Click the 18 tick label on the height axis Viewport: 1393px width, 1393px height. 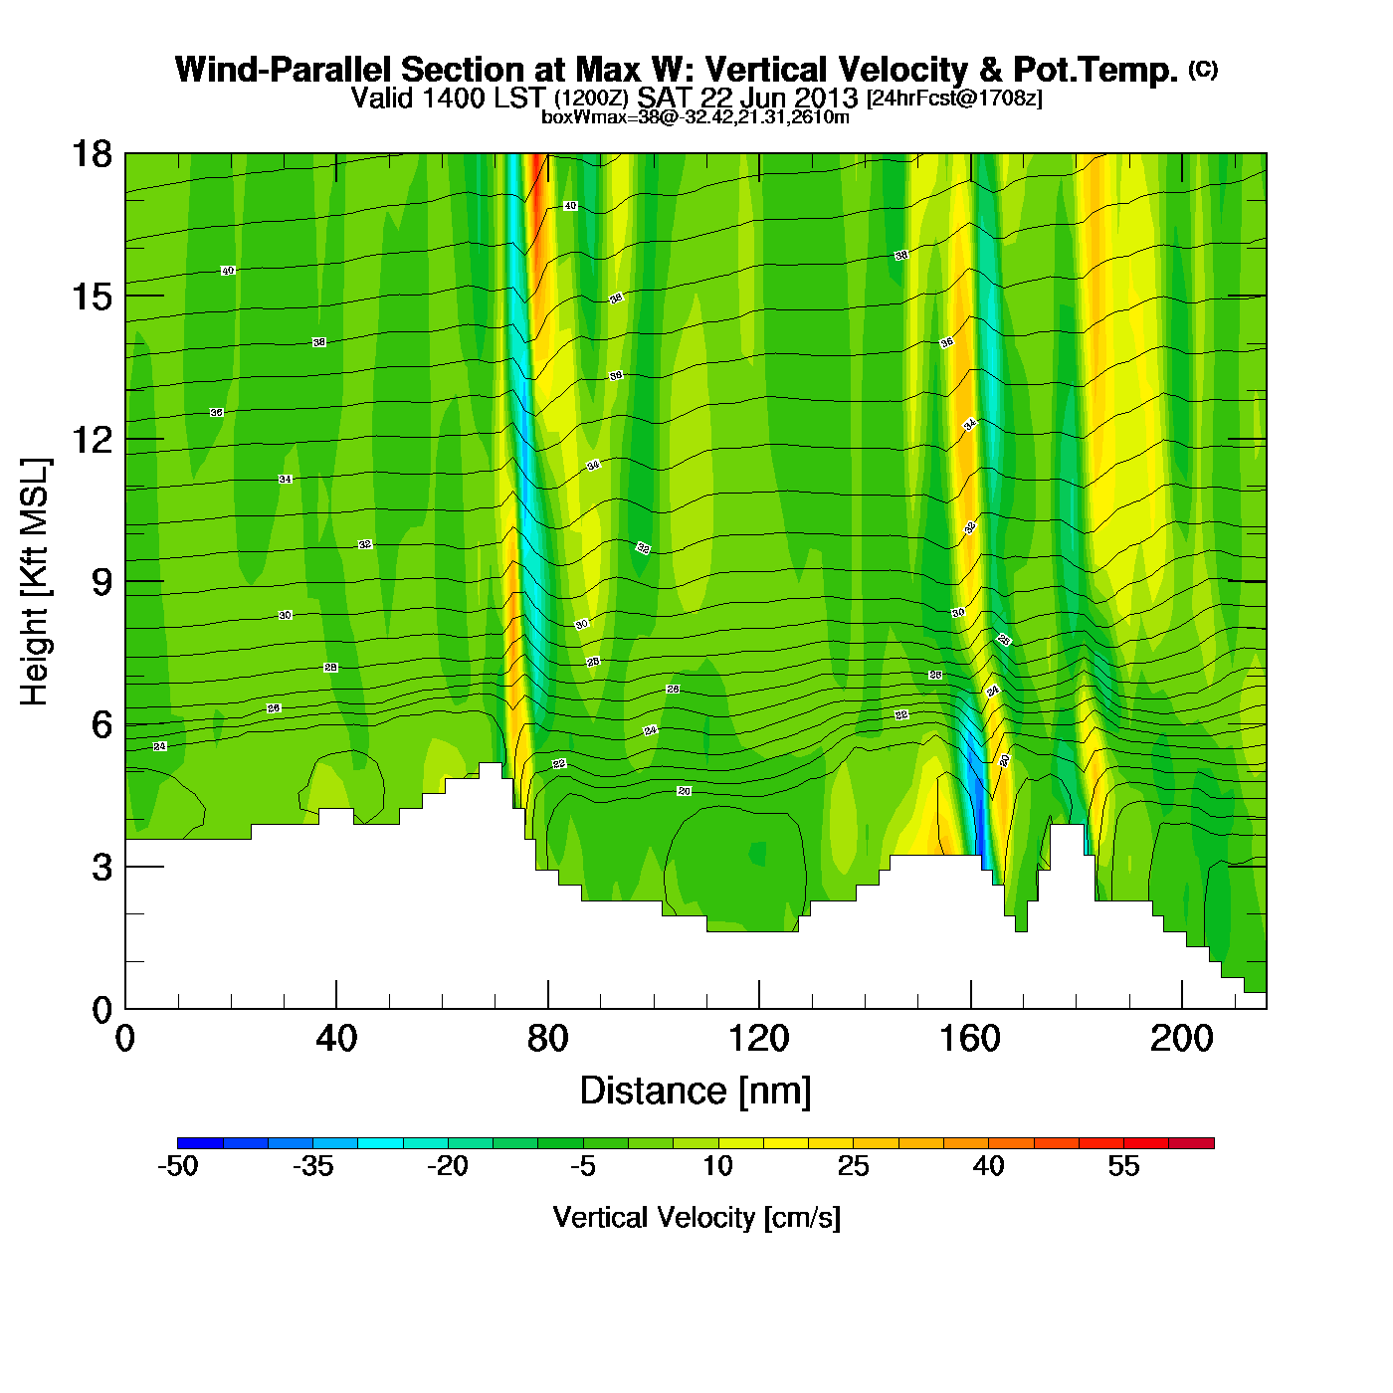pyautogui.click(x=91, y=154)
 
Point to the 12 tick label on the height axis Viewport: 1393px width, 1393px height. pyautogui.click(x=91, y=439)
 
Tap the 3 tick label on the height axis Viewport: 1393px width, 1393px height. pyautogui.click(x=101, y=868)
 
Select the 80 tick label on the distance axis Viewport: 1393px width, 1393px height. pyautogui.click(x=547, y=1039)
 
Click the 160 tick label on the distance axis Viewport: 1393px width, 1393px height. pyautogui.click(x=970, y=1039)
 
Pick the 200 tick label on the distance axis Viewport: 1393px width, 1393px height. pyautogui.click(x=1181, y=1039)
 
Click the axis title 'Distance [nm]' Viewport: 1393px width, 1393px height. pyautogui.click(x=696, y=1092)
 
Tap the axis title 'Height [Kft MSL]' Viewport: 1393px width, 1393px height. pyautogui.click(x=35, y=582)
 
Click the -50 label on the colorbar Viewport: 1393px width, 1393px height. pyautogui.click(x=178, y=1166)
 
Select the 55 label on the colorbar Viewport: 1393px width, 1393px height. pyautogui.click(x=1123, y=1166)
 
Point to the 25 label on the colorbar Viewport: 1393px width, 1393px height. pyautogui.click(x=853, y=1166)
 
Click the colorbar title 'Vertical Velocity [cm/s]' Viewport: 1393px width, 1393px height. pyautogui.click(x=696, y=1217)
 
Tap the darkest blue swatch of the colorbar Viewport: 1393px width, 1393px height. pyautogui.click(x=200, y=1143)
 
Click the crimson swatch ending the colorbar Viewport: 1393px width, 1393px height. pyautogui.click(x=1191, y=1143)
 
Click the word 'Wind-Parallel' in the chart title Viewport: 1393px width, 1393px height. pyautogui.click(x=284, y=70)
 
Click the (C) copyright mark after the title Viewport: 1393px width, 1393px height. pyautogui.click(x=1203, y=69)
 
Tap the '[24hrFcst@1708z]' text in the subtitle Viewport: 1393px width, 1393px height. pyautogui.click(x=954, y=99)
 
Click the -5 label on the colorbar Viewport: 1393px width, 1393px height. pyautogui.click(x=583, y=1166)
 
